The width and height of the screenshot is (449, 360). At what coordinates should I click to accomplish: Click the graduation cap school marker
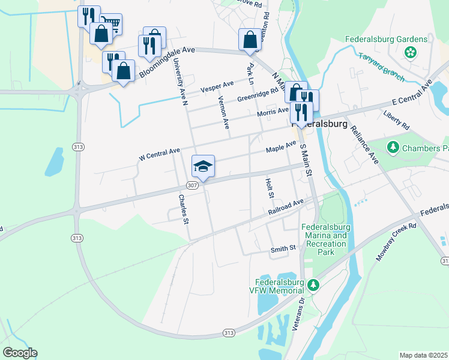[203, 166]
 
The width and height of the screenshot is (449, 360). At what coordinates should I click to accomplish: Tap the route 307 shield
[191, 185]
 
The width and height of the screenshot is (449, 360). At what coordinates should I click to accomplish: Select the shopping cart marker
[111, 24]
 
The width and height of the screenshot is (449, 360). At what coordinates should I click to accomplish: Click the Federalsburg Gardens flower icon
[411, 53]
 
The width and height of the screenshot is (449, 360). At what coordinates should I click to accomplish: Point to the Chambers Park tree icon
[393, 147]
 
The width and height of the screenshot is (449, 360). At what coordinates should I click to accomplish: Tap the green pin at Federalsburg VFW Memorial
[312, 284]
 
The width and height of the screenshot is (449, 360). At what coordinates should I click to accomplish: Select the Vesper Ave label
[217, 87]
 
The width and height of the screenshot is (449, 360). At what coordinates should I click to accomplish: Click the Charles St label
[184, 208]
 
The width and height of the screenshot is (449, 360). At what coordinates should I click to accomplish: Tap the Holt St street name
[270, 187]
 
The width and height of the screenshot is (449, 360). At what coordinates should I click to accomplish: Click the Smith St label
[283, 247]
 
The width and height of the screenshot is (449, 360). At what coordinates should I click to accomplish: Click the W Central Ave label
[159, 154]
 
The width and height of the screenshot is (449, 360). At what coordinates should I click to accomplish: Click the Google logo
[20, 353]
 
